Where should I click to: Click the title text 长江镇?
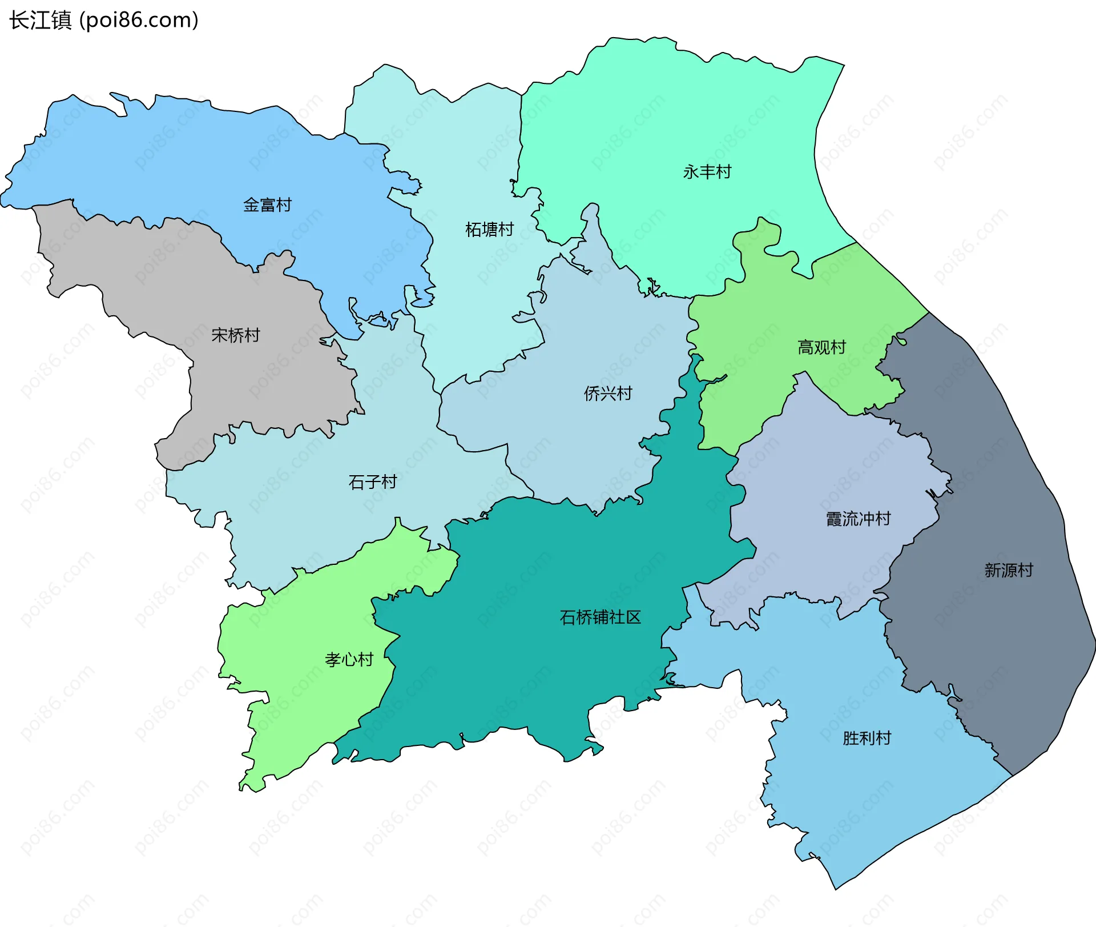(40, 21)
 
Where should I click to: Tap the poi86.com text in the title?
(139, 21)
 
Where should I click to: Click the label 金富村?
(267, 205)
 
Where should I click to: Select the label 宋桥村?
(235, 335)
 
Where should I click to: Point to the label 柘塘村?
(489, 230)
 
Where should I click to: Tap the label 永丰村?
(707, 172)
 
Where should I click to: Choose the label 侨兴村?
(607, 394)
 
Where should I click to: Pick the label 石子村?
(372, 482)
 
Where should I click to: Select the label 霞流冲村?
(858, 519)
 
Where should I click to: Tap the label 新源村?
(1008, 570)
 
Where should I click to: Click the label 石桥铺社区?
(600, 617)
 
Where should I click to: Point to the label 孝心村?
(349, 660)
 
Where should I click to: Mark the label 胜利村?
(867, 739)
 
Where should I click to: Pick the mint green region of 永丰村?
(656, 126)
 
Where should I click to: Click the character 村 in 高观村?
(837, 347)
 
